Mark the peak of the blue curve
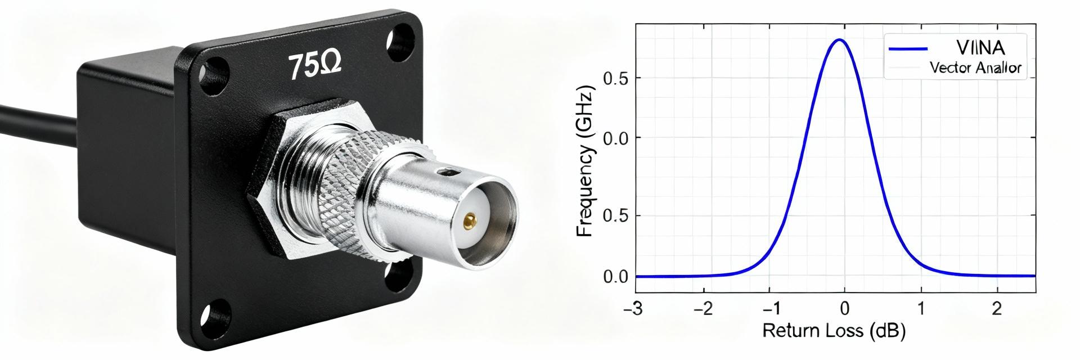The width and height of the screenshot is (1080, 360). coord(839,40)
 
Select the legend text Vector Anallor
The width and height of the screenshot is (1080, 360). coord(975,69)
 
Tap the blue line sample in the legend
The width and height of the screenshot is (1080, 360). coord(908,49)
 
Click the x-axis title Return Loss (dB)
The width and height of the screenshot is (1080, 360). coord(834,331)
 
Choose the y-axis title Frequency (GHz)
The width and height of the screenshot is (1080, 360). coord(586,161)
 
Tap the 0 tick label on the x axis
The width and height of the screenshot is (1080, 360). coord(844,309)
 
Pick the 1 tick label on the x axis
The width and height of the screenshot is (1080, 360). coord(921,309)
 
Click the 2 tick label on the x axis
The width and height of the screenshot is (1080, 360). coord(997,309)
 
